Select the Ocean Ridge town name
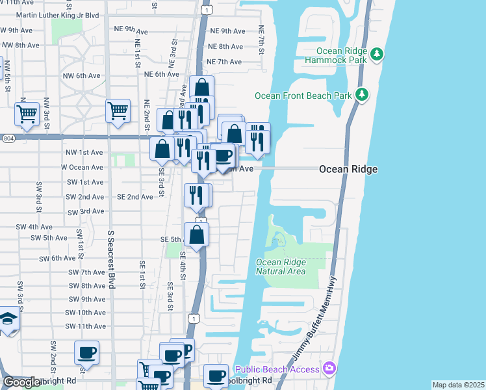coord(348,169)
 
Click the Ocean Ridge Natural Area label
coord(281,266)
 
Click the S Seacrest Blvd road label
coord(111,260)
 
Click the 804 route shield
coord(7,138)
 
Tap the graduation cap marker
coord(8,320)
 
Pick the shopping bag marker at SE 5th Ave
coord(196,235)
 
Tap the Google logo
coord(21,382)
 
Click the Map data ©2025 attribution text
coord(457,385)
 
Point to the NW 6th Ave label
coord(81,75)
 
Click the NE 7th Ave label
coord(224,62)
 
